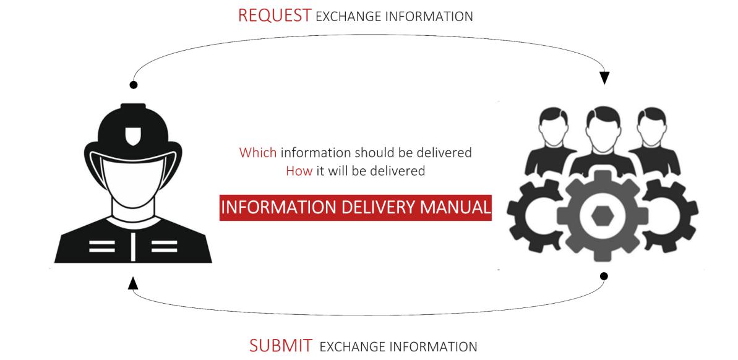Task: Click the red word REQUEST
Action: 274,16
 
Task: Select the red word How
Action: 299,171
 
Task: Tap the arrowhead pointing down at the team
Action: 604,78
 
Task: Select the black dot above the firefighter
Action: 133,84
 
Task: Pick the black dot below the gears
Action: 604,276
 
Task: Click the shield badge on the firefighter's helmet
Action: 133,134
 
